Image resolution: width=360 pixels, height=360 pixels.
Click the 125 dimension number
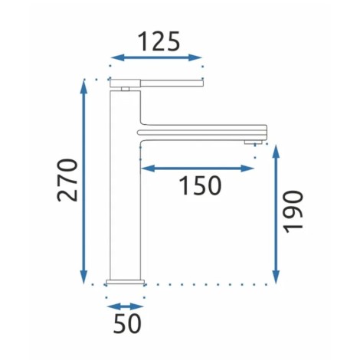click(159, 41)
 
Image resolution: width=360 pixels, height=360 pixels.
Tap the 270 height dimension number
click(67, 180)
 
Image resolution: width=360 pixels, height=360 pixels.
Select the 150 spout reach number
click(200, 185)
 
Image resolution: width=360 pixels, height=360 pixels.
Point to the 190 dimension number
click(293, 211)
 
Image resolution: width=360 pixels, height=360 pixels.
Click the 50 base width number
click(127, 323)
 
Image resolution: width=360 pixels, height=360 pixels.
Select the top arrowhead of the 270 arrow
click(83, 86)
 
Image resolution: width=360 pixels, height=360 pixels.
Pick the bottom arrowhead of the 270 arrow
click(83, 277)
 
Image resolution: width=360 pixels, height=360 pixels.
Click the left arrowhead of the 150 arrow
click(148, 169)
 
